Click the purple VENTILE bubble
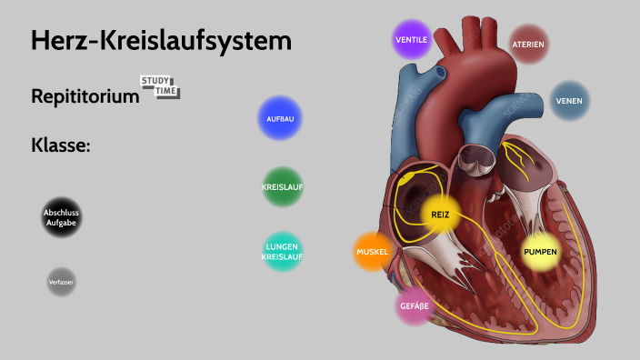411,39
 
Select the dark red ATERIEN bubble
528,44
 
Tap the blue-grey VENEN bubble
569,101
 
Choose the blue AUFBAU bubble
279,119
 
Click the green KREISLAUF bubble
282,186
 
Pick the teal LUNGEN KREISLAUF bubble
281,252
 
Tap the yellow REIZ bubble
440,215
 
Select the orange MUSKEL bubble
373,252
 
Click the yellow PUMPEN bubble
540,251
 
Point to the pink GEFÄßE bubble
414,306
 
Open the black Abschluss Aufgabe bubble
62,216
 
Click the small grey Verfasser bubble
61,283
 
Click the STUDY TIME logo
160,87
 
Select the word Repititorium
85,95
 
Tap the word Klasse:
60,145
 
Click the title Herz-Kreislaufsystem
161,41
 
